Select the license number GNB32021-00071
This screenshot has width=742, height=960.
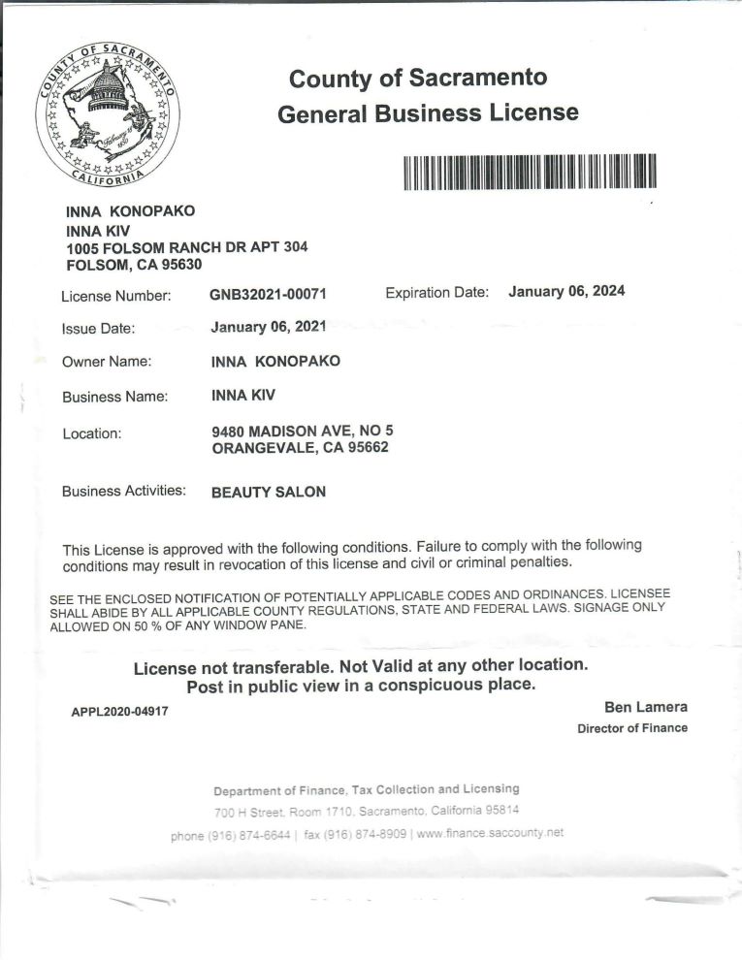coord(267,294)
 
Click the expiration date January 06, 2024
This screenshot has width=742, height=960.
coord(566,291)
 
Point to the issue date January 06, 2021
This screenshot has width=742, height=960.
coord(268,327)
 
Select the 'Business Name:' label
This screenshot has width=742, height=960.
coord(115,397)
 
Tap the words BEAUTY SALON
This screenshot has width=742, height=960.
coord(269,492)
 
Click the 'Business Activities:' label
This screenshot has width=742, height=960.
coord(124,491)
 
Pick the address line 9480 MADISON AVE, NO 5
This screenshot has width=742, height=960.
coord(303,431)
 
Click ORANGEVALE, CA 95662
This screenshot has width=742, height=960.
coord(301,448)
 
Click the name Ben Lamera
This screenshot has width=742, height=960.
coord(646,707)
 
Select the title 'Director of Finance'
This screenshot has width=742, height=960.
coord(632,728)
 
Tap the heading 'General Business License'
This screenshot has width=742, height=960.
coord(428,113)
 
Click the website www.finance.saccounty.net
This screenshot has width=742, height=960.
coord(490,833)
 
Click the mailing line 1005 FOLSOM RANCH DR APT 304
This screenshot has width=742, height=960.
coord(186,246)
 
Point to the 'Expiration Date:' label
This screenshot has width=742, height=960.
coord(437,292)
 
